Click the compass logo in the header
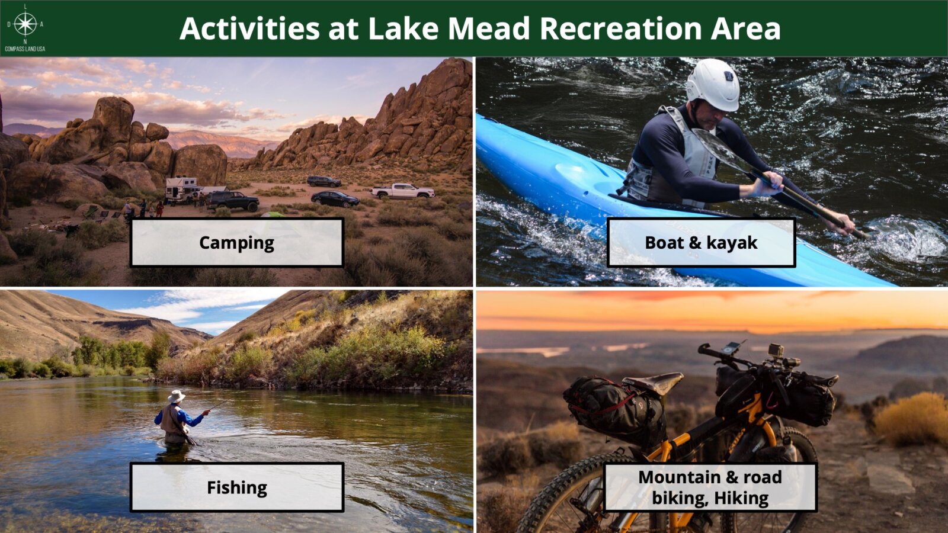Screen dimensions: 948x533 tap(25, 24)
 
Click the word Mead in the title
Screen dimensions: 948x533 tap(489, 28)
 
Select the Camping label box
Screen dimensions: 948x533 tap(237, 242)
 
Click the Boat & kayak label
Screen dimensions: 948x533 tap(702, 242)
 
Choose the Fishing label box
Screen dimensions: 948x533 tap(237, 487)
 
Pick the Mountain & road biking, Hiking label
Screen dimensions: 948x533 tap(710, 487)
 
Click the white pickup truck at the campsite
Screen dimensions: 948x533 tap(402, 191)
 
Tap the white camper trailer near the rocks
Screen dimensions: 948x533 tap(181, 190)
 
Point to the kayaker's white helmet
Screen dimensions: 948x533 tap(713, 85)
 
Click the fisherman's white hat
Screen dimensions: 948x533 tap(176, 396)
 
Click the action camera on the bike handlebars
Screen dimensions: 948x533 tap(776, 350)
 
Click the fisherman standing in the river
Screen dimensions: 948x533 tap(178, 418)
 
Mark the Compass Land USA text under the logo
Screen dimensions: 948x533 tap(25, 49)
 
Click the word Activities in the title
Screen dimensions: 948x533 tap(249, 28)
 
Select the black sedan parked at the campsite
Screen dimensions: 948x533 tap(335, 199)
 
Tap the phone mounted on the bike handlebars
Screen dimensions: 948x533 tap(731, 348)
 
